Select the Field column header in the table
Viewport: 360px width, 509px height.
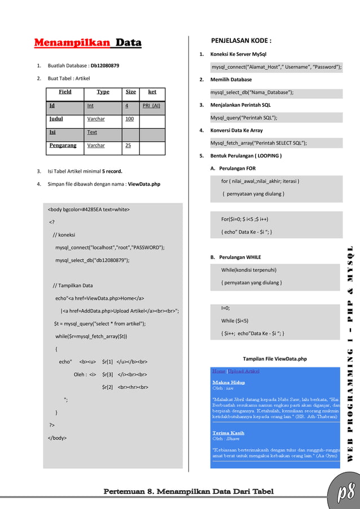(x=65, y=91)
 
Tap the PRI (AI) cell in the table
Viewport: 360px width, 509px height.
(x=151, y=105)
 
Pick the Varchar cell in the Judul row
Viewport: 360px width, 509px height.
(x=96, y=119)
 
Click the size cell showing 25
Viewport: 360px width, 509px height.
(x=129, y=146)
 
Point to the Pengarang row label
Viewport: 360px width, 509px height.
(x=63, y=146)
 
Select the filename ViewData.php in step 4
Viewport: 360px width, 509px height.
(x=144, y=184)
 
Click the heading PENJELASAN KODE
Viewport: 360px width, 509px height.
(x=242, y=41)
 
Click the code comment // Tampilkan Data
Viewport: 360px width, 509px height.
(x=73, y=286)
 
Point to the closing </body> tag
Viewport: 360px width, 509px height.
(x=57, y=437)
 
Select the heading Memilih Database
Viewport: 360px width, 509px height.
(x=231, y=80)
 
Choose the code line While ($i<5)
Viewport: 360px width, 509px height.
(x=235, y=321)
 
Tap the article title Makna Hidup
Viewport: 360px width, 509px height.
(x=229, y=383)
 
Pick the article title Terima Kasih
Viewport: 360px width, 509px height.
(x=229, y=433)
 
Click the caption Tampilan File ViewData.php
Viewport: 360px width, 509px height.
(x=274, y=359)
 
